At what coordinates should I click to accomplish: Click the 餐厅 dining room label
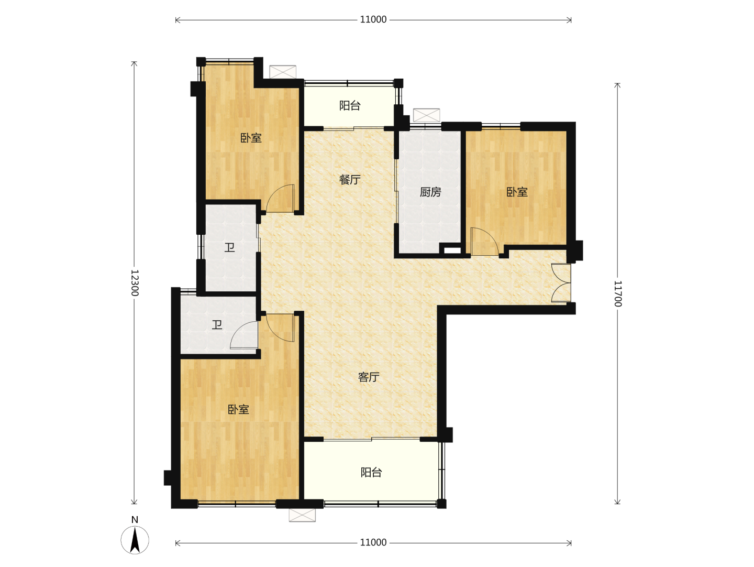pyautogui.click(x=350, y=179)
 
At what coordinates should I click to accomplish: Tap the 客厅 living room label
pyautogui.click(x=369, y=377)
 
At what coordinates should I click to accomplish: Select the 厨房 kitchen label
pyautogui.click(x=430, y=192)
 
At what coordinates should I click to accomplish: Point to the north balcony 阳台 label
pyautogui.click(x=350, y=105)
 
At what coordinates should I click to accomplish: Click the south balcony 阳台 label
pyautogui.click(x=371, y=473)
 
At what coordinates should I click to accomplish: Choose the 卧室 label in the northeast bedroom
pyautogui.click(x=517, y=192)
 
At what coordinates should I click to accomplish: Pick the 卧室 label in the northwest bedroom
pyautogui.click(x=251, y=138)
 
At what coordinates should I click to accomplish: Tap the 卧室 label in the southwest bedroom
pyautogui.click(x=238, y=409)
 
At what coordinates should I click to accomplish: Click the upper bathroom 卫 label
pyautogui.click(x=229, y=247)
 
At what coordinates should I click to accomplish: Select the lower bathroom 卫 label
pyautogui.click(x=217, y=325)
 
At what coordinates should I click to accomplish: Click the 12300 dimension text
pyautogui.click(x=135, y=283)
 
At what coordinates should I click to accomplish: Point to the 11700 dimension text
pyautogui.click(x=618, y=294)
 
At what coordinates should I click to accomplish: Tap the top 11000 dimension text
pyautogui.click(x=373, y=19)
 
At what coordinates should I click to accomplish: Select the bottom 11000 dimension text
pyautogui.click(x=373, y=542)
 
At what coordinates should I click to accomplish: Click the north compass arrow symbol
pyautogui.click(x=135, y=540)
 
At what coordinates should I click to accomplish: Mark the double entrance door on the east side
pyautogui.click(x=561, y=283)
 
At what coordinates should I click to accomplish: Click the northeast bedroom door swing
pyautogui.click(x=484, y=242)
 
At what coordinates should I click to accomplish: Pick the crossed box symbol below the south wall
pyautogui.click(x=302, y=515)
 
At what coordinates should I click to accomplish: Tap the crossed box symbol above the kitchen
pyautogui.click(x=426, y=115)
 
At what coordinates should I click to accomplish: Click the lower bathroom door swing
pyautogui.click(x=244, y=335)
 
